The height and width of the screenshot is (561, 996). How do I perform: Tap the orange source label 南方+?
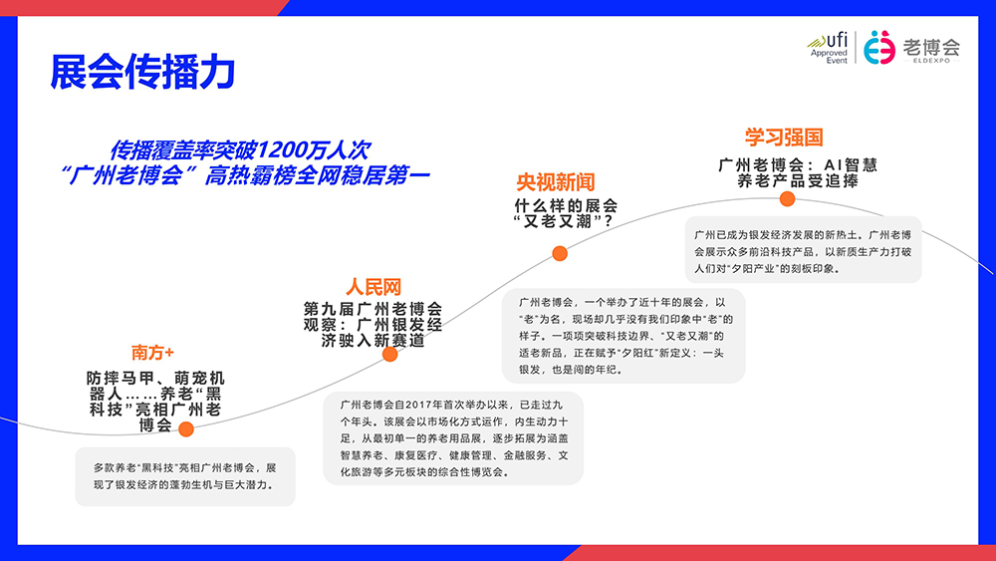coord(152,353)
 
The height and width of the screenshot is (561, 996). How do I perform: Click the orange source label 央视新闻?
coord(555,182)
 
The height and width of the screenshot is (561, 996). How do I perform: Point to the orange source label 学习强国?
coord(784,138)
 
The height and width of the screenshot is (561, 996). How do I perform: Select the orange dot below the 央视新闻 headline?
coord(560,253)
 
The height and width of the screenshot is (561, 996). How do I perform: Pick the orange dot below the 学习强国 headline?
coord(787,198)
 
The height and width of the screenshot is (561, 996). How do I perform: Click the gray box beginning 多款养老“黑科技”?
coord(186,475)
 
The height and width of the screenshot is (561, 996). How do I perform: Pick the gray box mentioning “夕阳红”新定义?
coord(623,336)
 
